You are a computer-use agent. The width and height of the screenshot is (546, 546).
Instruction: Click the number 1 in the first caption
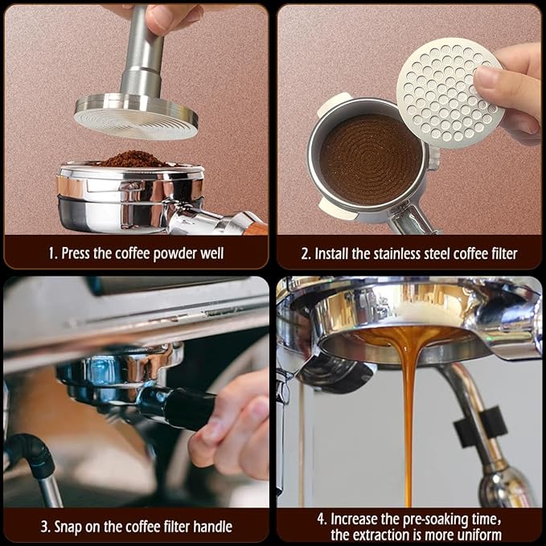(x=51, y=254)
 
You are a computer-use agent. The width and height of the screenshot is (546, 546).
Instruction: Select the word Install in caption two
(x=334, y=254)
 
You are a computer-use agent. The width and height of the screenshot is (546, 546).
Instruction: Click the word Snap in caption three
(x=73, y=528)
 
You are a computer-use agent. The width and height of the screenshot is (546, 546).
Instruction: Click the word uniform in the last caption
(x=476, y=535)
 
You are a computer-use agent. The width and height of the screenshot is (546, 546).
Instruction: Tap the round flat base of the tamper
(x=136, y=113)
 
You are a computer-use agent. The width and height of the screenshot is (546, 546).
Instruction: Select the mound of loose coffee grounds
(x=133, y=158)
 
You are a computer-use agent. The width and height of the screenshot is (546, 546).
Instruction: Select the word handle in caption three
(x=211, y=528)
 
